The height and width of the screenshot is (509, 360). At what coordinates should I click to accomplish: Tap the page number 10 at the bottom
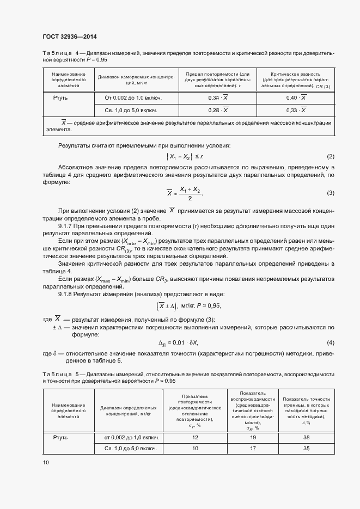(46, 462)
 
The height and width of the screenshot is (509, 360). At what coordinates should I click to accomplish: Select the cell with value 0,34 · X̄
(218, 97)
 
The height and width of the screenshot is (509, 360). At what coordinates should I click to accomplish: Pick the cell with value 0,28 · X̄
(218, 110)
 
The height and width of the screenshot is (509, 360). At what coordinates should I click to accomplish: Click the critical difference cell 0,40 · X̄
(296, 97)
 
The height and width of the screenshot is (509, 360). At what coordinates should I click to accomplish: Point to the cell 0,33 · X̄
(296, 110)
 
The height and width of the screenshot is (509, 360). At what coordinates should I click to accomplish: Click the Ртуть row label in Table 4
(60, 97)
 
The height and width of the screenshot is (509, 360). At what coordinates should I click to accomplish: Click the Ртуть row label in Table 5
(60, 437)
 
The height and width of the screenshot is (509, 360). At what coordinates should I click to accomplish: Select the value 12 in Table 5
(196, 437)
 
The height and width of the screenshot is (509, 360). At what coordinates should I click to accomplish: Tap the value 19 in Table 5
(252, 437)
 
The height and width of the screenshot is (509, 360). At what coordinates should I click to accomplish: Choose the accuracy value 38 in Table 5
(307, 437)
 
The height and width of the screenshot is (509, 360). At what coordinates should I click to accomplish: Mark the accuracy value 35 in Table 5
(307, 449)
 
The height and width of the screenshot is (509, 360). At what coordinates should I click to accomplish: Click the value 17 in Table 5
(252, 449)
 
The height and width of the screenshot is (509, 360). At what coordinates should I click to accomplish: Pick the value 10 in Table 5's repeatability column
(196, 449)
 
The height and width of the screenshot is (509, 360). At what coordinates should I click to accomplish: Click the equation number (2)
(330, 156)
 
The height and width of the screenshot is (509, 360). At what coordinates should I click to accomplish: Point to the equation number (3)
(330, 193)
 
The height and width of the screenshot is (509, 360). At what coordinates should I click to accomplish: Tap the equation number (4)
(330, 343)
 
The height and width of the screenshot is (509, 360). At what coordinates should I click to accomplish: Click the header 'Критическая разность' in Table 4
(296, 73)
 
